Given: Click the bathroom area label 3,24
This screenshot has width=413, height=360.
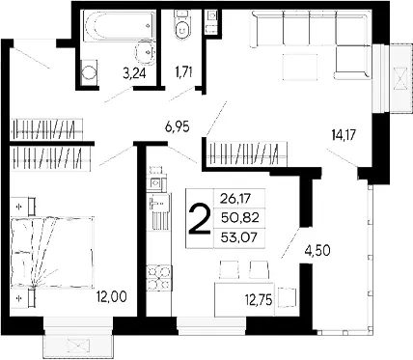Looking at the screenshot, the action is pos(134,73).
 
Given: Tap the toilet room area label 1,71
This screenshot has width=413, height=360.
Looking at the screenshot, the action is pos(183,71).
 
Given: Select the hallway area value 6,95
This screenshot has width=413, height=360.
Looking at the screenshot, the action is pos(177,126).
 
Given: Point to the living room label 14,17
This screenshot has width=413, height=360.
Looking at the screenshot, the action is pos(344,134).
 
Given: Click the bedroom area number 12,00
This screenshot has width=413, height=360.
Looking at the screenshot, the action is pos(112,296).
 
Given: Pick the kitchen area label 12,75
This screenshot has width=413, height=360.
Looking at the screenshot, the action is pos(259,300).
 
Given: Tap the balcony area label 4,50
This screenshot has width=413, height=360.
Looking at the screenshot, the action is pos(317,250).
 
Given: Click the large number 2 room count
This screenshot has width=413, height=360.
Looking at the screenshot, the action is pos(199,219).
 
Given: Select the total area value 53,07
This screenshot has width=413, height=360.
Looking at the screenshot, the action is pos(239,238).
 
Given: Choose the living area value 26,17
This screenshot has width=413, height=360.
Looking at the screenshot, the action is pos(235,199).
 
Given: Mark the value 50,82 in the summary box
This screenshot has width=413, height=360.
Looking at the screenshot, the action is pos(240,218).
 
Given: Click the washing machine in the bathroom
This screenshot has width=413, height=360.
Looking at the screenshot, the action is pos(89,72).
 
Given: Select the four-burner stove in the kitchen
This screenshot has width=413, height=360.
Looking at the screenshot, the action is pos(158,278).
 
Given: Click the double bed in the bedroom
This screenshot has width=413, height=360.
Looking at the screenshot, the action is pos(52,252).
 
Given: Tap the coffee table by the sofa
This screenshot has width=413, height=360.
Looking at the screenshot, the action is pos(300,67).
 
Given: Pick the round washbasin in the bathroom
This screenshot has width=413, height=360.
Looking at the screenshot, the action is pos(146,51).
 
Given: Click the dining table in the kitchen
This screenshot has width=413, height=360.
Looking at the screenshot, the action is pos(244,299).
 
